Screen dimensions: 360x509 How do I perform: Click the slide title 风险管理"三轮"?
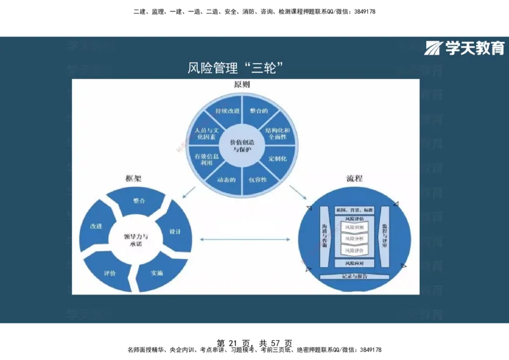235,67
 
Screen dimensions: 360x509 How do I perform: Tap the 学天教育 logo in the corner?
465,48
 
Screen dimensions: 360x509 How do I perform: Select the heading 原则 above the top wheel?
242,85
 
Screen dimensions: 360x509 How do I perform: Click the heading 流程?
354,178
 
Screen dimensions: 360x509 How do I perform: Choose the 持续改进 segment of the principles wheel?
227,111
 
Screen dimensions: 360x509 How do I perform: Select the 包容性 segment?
258,179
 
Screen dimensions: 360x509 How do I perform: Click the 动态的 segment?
227,179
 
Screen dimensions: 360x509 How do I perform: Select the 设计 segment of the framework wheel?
175,232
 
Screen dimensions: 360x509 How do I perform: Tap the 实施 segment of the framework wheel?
157,273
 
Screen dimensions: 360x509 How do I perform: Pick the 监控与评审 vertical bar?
385,235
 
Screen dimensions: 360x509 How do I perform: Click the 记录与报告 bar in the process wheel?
354,276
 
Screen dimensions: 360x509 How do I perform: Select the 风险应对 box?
354,263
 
